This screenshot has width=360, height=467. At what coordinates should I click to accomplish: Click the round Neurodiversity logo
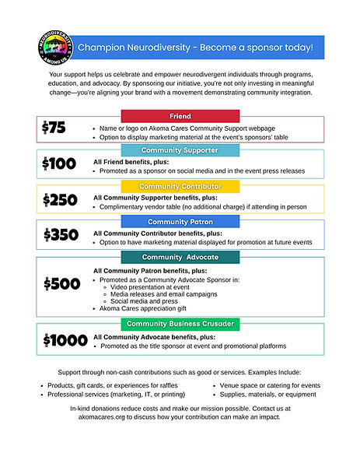pos(53,49)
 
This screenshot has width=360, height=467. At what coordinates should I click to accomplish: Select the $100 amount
pos(60,163)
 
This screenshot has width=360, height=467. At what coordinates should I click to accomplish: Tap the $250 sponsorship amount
pos(60,200)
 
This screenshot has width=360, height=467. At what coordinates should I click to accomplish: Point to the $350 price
pos(60,235)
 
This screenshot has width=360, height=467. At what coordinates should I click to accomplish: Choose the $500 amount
pos(61,283)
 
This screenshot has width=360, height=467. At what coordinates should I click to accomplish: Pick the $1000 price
pos(65,339)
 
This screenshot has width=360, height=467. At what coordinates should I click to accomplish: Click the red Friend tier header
pos(180,116)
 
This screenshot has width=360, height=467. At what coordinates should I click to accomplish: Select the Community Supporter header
pos(180,149)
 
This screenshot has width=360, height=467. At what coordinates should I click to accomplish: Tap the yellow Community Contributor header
pos(180,186)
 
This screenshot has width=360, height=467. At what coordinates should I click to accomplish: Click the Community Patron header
pos(180,222)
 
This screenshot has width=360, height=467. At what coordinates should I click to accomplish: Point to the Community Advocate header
pos(180,257)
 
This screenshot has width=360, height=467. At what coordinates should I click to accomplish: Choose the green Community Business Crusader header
pos(180,323)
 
